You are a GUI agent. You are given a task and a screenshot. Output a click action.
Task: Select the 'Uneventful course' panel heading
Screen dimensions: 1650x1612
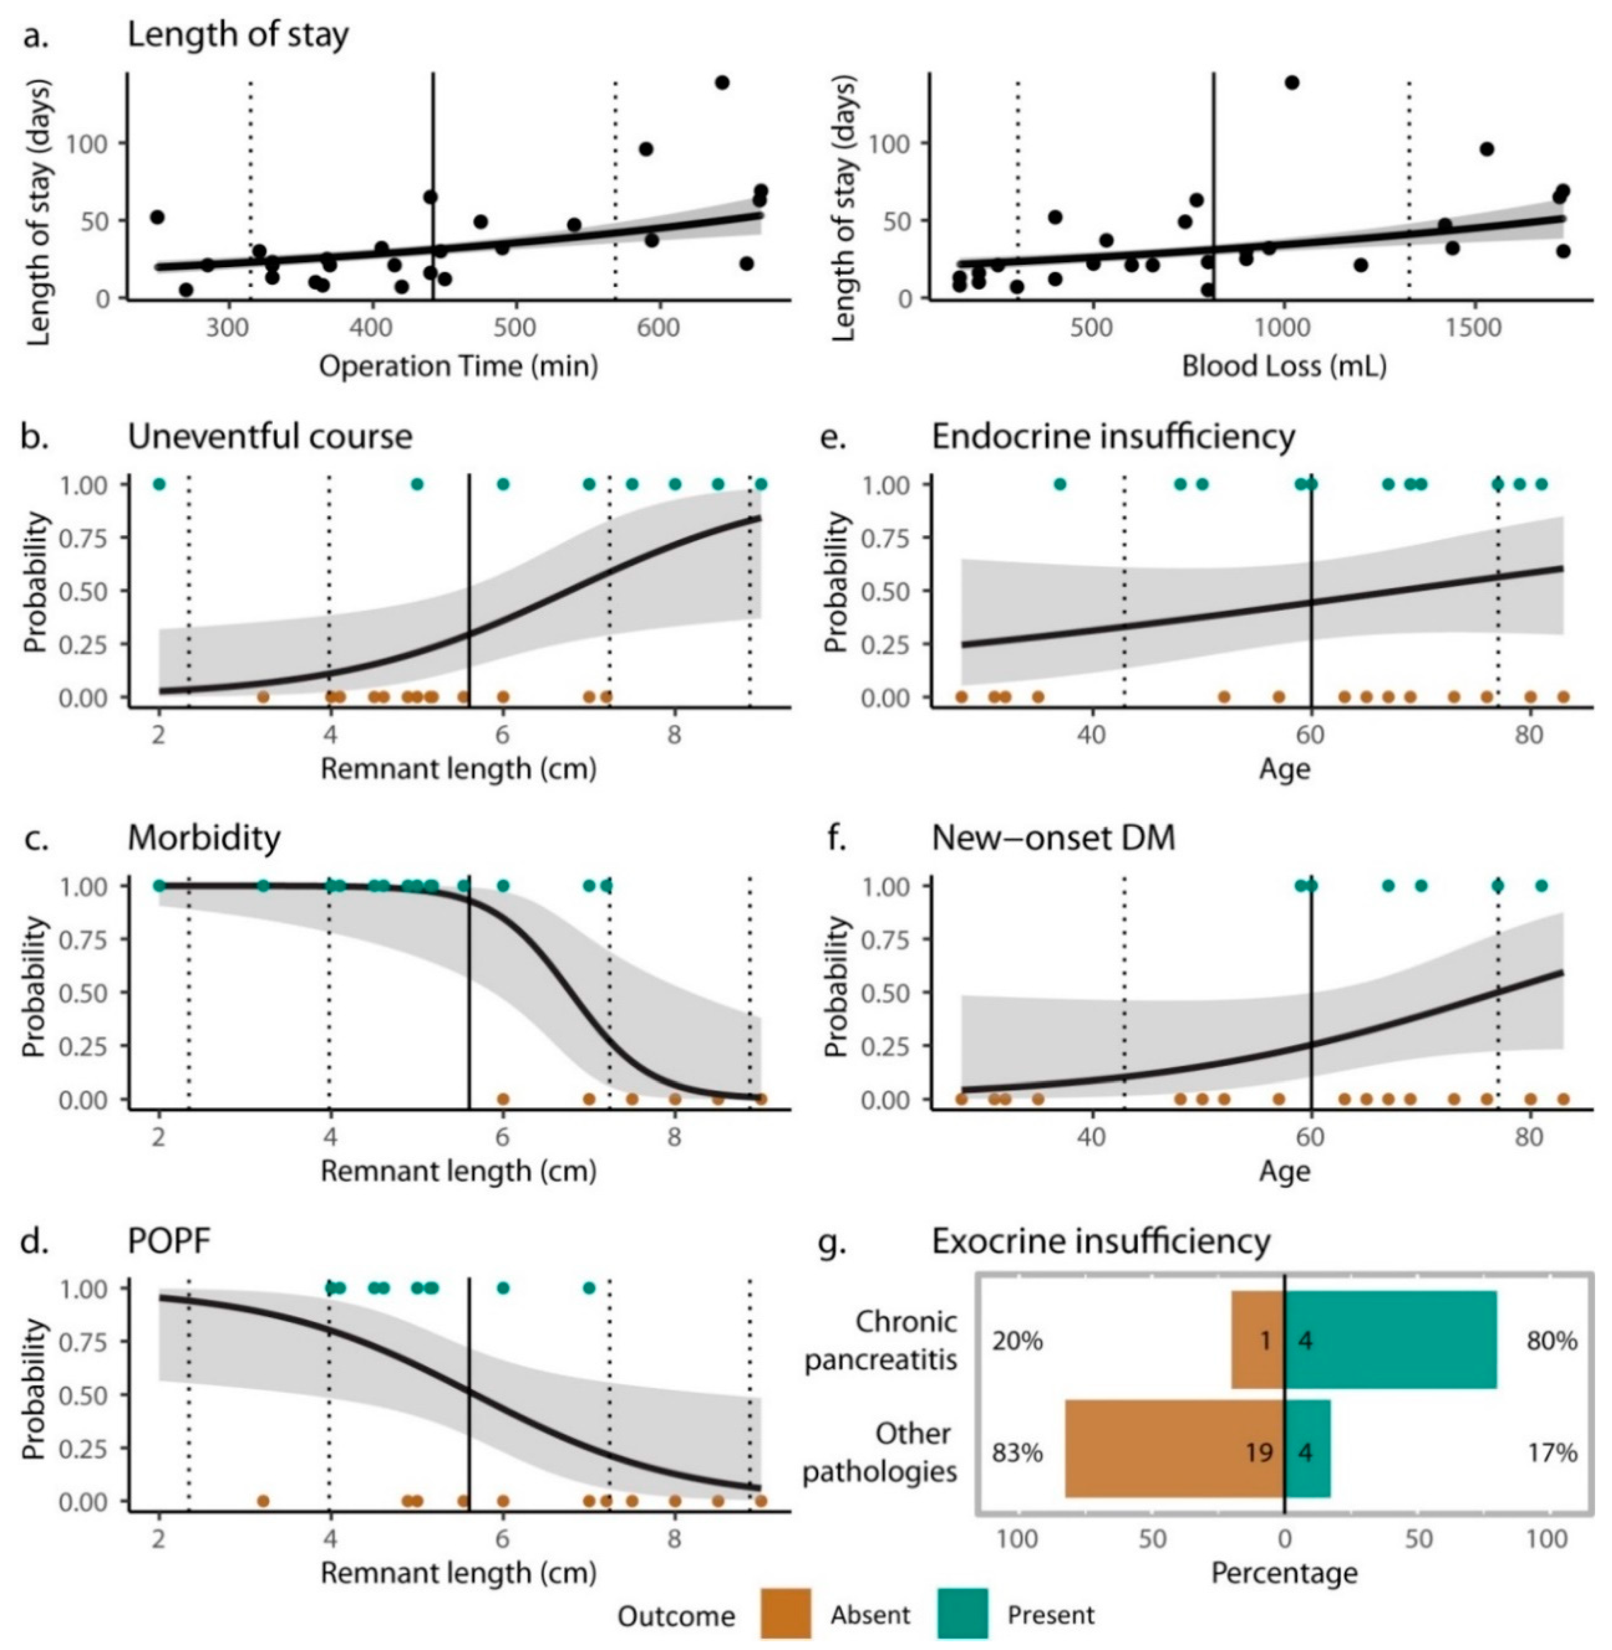[x=270, y=437]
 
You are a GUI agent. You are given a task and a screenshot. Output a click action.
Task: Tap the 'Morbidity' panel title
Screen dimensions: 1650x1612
[x=204, y=838]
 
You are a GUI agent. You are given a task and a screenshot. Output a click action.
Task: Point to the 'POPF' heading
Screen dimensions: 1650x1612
[x=169, y=1241]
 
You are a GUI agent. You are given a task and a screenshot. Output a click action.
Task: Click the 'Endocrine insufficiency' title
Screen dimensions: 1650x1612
[x=1113, y=437]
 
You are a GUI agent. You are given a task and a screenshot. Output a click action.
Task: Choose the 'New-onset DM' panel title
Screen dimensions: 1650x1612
[x=1053, y=838]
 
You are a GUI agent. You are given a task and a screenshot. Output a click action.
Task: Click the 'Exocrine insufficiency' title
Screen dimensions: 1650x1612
[x=1101, y=1241]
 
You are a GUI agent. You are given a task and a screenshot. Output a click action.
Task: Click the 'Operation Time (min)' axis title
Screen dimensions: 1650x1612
[x=458, y=367]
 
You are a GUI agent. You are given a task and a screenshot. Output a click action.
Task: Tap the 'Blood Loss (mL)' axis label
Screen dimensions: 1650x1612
[x=1284, y=367]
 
